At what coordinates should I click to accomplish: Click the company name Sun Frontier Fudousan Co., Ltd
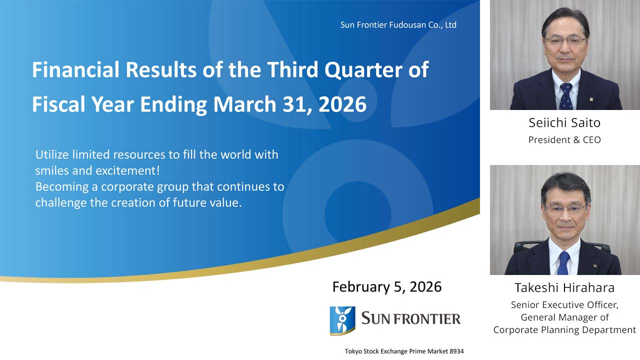(398, 25)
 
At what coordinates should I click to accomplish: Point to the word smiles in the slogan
(51, 170)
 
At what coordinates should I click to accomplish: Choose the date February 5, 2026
(387, 287)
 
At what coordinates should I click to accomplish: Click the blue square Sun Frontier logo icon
(342, 320)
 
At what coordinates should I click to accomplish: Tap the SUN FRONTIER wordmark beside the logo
(410, 318)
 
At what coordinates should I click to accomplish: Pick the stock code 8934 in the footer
(456, 351)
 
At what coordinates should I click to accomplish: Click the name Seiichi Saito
(564, 123)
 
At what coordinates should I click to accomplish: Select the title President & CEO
(564, 140)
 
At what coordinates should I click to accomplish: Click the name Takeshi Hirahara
(564, 288)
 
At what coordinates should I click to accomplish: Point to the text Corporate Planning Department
(564, 330)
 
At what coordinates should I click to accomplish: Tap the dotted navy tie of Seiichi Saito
(566, 96)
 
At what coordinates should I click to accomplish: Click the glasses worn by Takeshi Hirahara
(565, 208)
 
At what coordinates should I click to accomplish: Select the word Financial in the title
(75, 70)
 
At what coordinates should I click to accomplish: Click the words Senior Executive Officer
(564, 304)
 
